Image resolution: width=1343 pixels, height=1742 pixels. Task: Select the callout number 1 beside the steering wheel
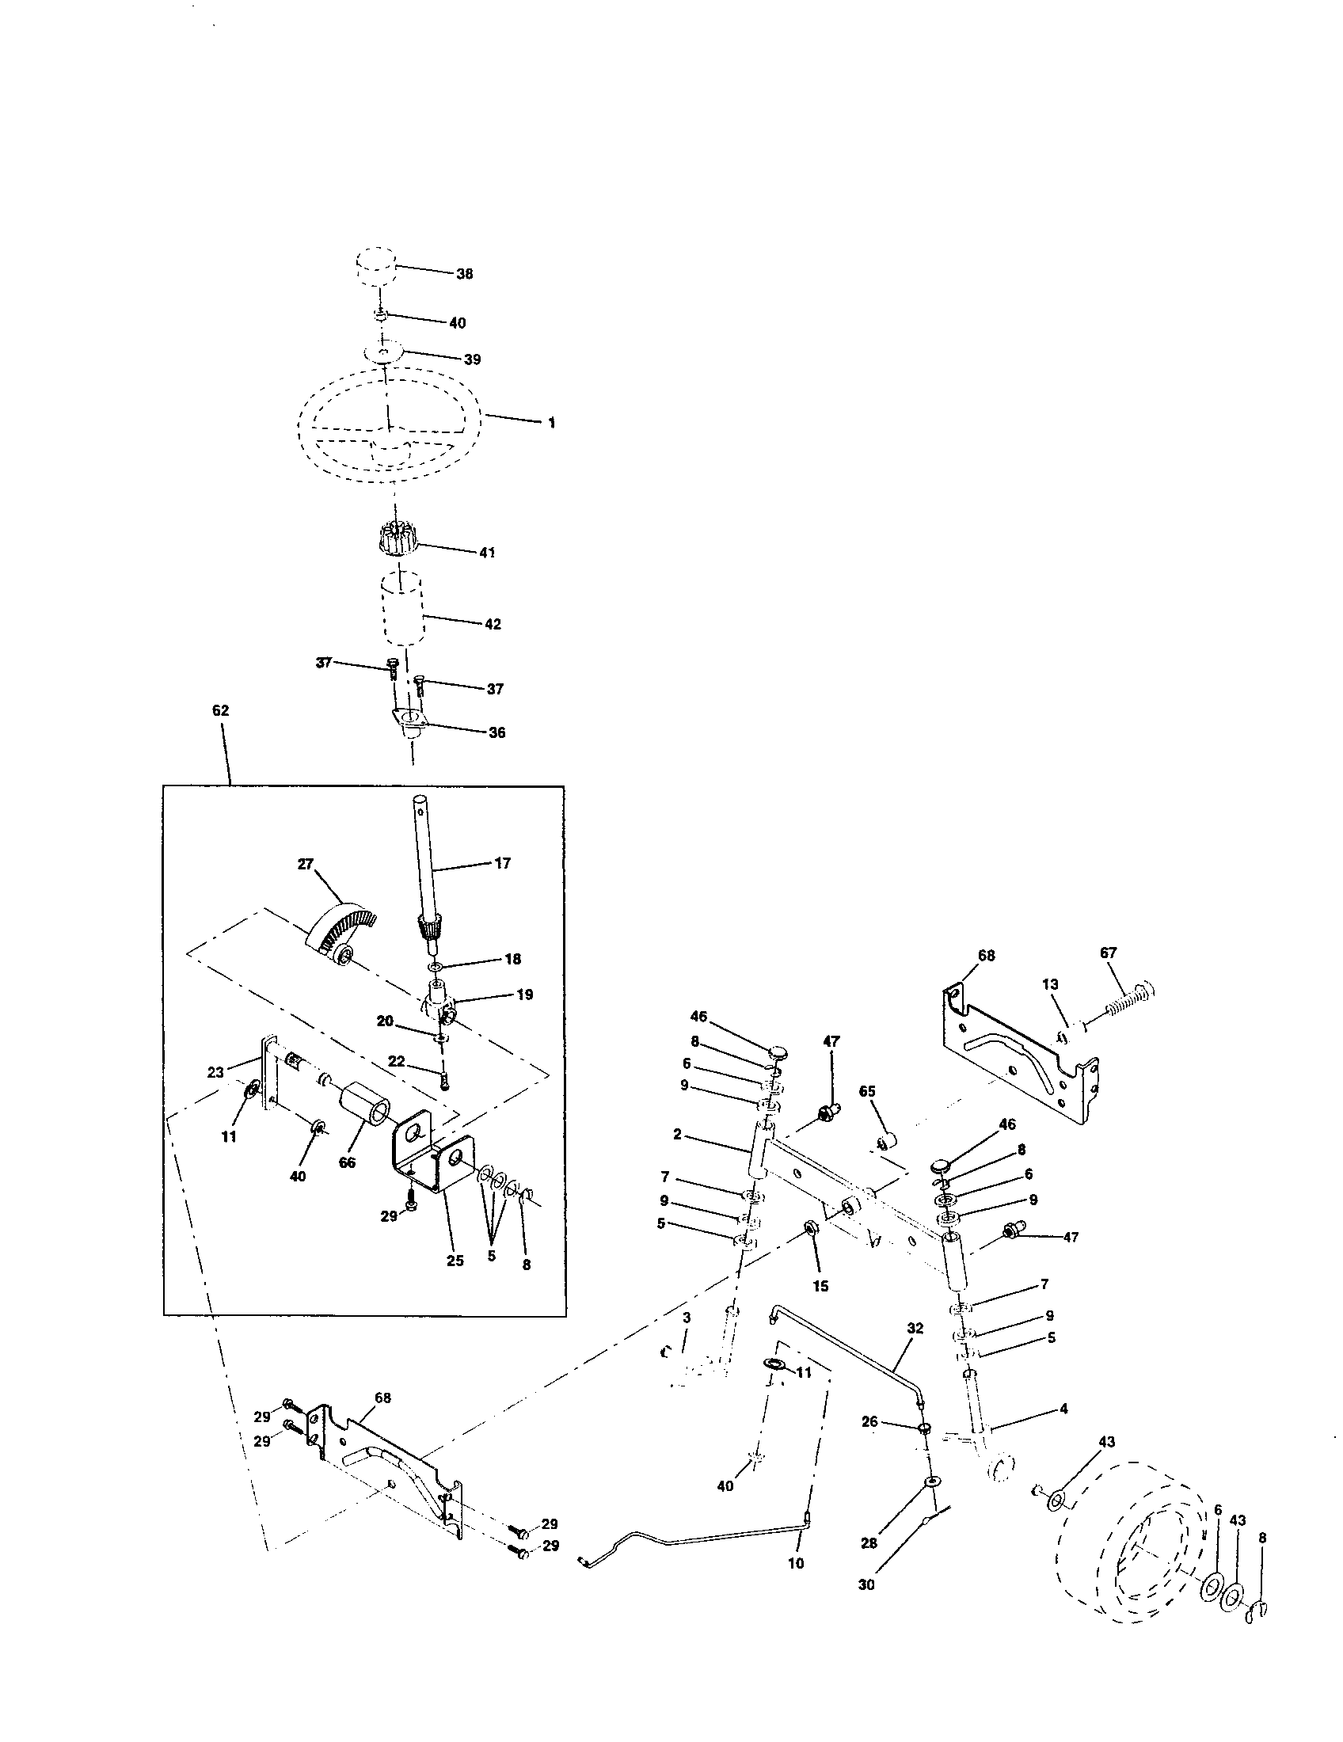551,423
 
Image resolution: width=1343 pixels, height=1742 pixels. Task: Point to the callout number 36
496,732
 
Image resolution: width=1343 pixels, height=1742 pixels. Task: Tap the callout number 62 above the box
220,710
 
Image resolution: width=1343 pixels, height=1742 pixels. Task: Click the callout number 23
215,1073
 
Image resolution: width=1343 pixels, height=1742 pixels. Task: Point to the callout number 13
1050,984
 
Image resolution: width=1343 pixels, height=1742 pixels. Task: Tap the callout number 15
820,1286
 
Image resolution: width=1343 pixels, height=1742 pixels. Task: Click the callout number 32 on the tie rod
915,1328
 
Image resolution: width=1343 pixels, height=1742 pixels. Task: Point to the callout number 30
866,1585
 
